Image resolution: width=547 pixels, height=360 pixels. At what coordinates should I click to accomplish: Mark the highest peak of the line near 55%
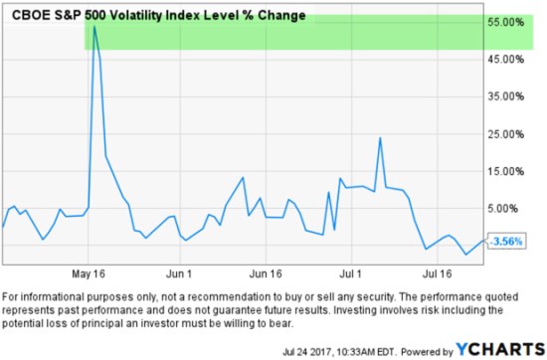point(93,27)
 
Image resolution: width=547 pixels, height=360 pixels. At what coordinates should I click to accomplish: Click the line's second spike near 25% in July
point(380,138)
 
